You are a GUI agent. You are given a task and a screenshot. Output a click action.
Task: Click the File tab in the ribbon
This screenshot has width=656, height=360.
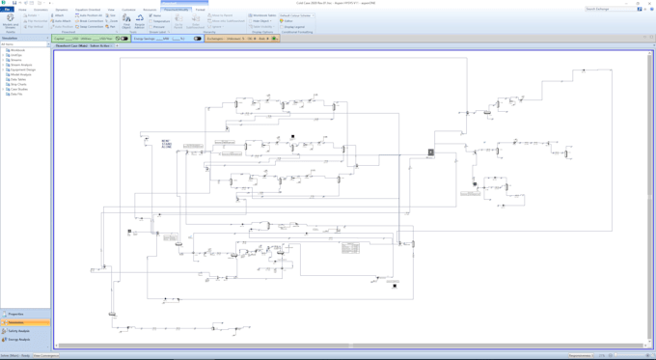[x=7, y=9]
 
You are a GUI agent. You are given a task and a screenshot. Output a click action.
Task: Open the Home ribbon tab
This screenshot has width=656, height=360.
[x=23, y=9]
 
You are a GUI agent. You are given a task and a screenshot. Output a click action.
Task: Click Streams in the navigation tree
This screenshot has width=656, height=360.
[x=16, y=60]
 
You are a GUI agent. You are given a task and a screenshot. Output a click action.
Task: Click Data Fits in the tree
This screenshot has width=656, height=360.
[x=16, y=94]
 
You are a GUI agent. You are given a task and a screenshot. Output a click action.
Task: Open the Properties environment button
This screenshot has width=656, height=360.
[x=17, y=314]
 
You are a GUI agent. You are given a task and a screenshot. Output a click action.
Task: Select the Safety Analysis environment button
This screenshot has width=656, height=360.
[x=20, y=331]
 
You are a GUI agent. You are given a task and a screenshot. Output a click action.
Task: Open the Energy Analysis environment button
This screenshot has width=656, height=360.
[x=20, y=340]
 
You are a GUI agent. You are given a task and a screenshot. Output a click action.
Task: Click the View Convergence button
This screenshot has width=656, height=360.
[x=45, y=355]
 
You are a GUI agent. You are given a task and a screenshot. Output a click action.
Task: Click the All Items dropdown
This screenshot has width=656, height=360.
[x=24, y=44]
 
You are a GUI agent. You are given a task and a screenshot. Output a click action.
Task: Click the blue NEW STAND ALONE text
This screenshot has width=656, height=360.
[x=167, y=144]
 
